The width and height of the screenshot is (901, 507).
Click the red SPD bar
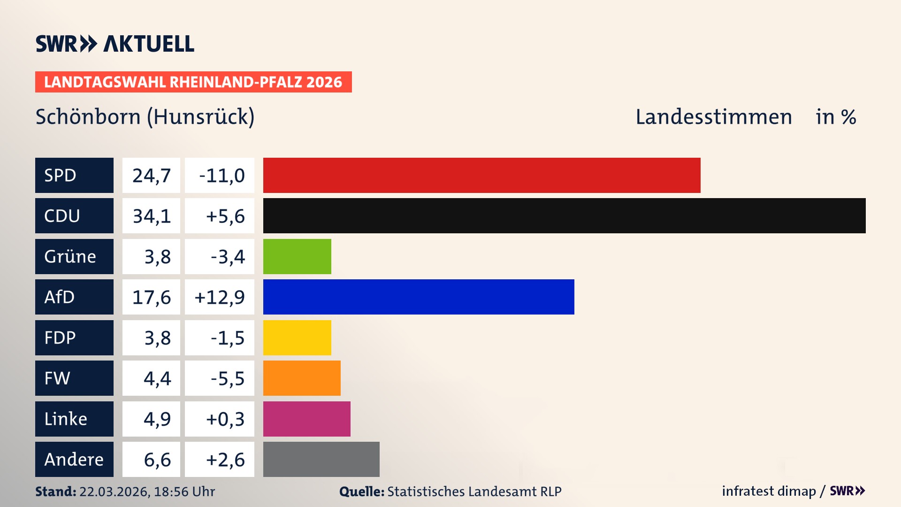pyautogui.click(x=481, y=175)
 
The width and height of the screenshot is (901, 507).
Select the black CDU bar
pyautogui.click(x=564, y=215)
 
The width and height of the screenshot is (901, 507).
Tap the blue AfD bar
pyautogui.click(x=419, y=297)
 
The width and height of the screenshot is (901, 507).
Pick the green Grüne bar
pyautogui.click(x=297, y=256)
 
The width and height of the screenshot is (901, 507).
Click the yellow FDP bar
pyautogui.click(x=297, y=338)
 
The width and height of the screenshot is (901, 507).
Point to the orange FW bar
pyautogui.click(x=302, y=378)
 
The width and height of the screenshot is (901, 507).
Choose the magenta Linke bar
pyautogui.click(x=306, y=419)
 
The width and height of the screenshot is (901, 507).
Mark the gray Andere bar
pyautogui.click(x=321, y=459)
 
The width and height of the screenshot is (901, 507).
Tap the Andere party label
pyautogui.click(x=74, y=459)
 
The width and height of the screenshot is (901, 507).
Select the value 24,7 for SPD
pyautogui.click(x=151, y=175)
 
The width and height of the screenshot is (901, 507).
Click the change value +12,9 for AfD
pyautogui.click(x=220, y=297)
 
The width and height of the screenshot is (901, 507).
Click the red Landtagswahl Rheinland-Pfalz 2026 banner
pyautogui.click(x=193, y=82)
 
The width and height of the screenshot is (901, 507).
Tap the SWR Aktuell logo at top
pyautogui.click(x=115, y=44)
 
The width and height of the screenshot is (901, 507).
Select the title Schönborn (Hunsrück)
pyautogui.click(x=145, y=116)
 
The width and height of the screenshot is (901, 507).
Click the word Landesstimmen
pyautogui.click(x=713, y=116)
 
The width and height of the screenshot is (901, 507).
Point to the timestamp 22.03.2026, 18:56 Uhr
pyautogui.click(x=147, y=492)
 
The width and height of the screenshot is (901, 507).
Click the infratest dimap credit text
pyautogui.click(x=769, y=491)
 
